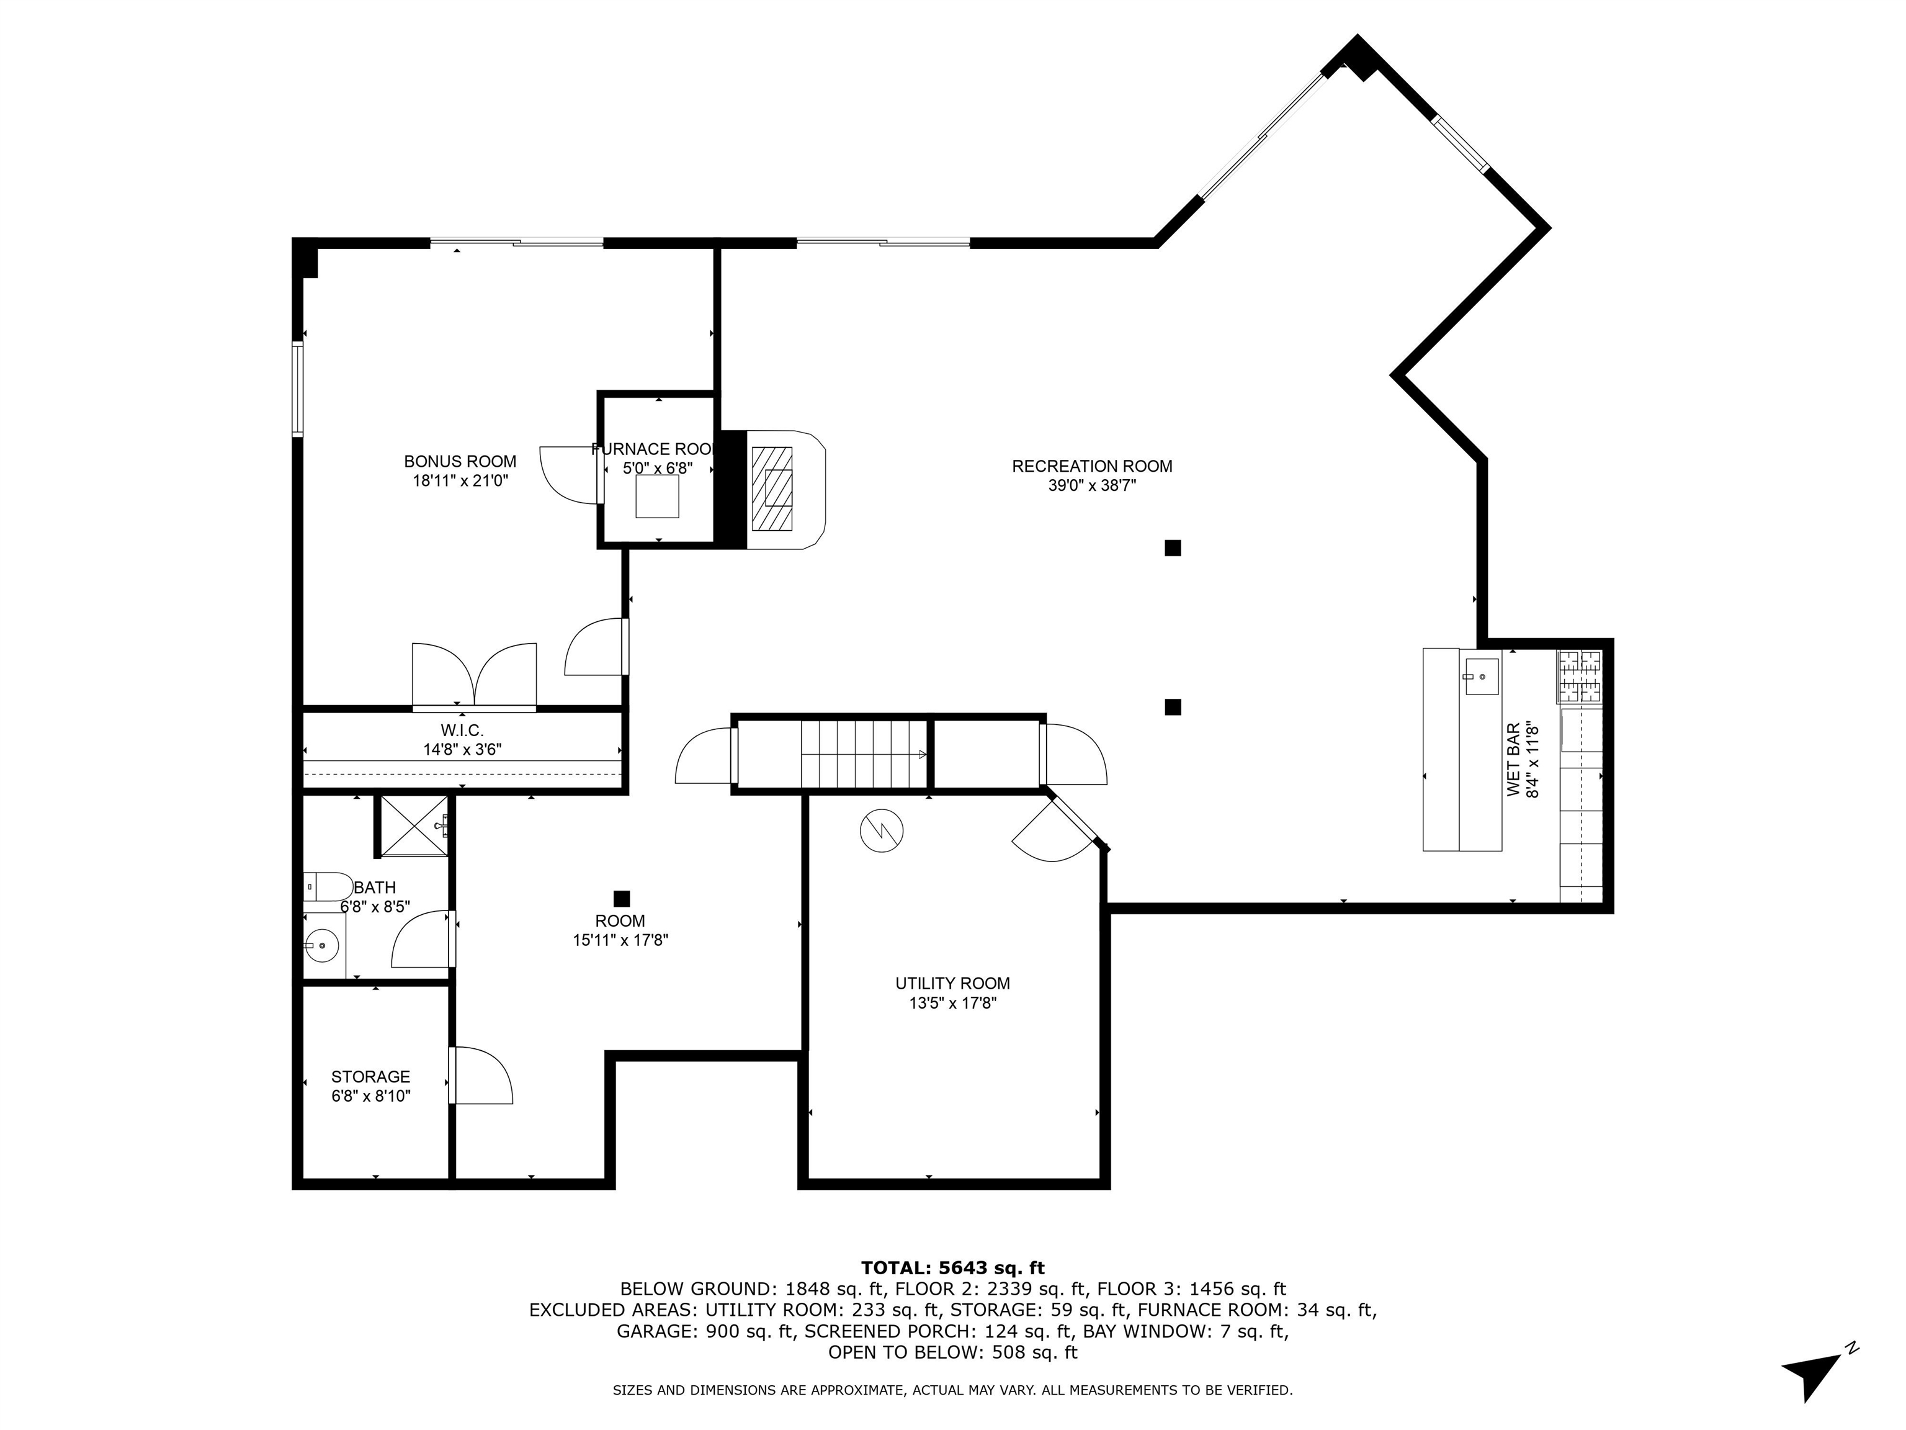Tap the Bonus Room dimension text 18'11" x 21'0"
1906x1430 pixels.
pos(460,481)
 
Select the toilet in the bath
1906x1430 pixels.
pos(328,886)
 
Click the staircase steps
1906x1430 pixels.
pos(862,754)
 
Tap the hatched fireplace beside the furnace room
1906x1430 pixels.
pos(771,488)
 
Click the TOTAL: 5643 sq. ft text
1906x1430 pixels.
pos(952,1268)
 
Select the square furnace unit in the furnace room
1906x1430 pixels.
pos(656,497)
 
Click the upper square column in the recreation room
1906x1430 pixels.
pos(1172,548)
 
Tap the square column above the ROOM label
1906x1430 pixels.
pos(621,898)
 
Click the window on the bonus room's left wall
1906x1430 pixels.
pos(297,389)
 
